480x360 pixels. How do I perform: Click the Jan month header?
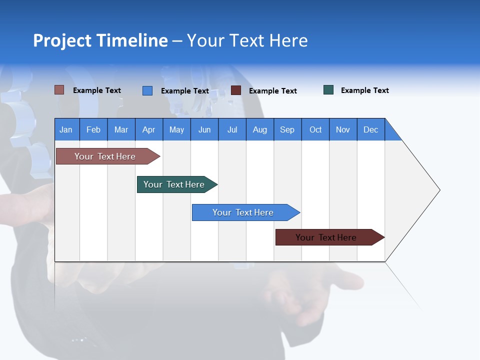pyautogui.click(x=66, y=129)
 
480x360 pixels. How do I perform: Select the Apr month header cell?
pyautogui.click(x=149, y=129)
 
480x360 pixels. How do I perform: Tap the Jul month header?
pyautogui.click(x=232, y=129)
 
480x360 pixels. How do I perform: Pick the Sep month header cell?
pyautogui.click(x=287, y=129)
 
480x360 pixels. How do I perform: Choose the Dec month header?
pyautogui.click(x=370, y=129)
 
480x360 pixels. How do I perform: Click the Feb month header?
pyautogui.click(x=93, y=129)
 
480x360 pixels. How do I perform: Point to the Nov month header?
pyautogui.click(x=343, y=129)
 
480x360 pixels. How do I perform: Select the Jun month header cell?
pyautogui.click(x=204, y=129)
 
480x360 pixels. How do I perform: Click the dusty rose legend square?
pyautogui.click(x=59, y=90)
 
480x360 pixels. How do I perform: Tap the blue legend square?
pyautogui.click(x=147, y=90)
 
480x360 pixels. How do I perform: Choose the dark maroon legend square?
pyautogui.click(x=236, y=90)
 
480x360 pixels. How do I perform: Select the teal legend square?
pyautogui.click(x=328, y=90)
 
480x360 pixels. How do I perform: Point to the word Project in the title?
pyautogui.click(x=62, y=40)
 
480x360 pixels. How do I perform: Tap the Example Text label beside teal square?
pyautogui.click(x=364, y=90)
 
